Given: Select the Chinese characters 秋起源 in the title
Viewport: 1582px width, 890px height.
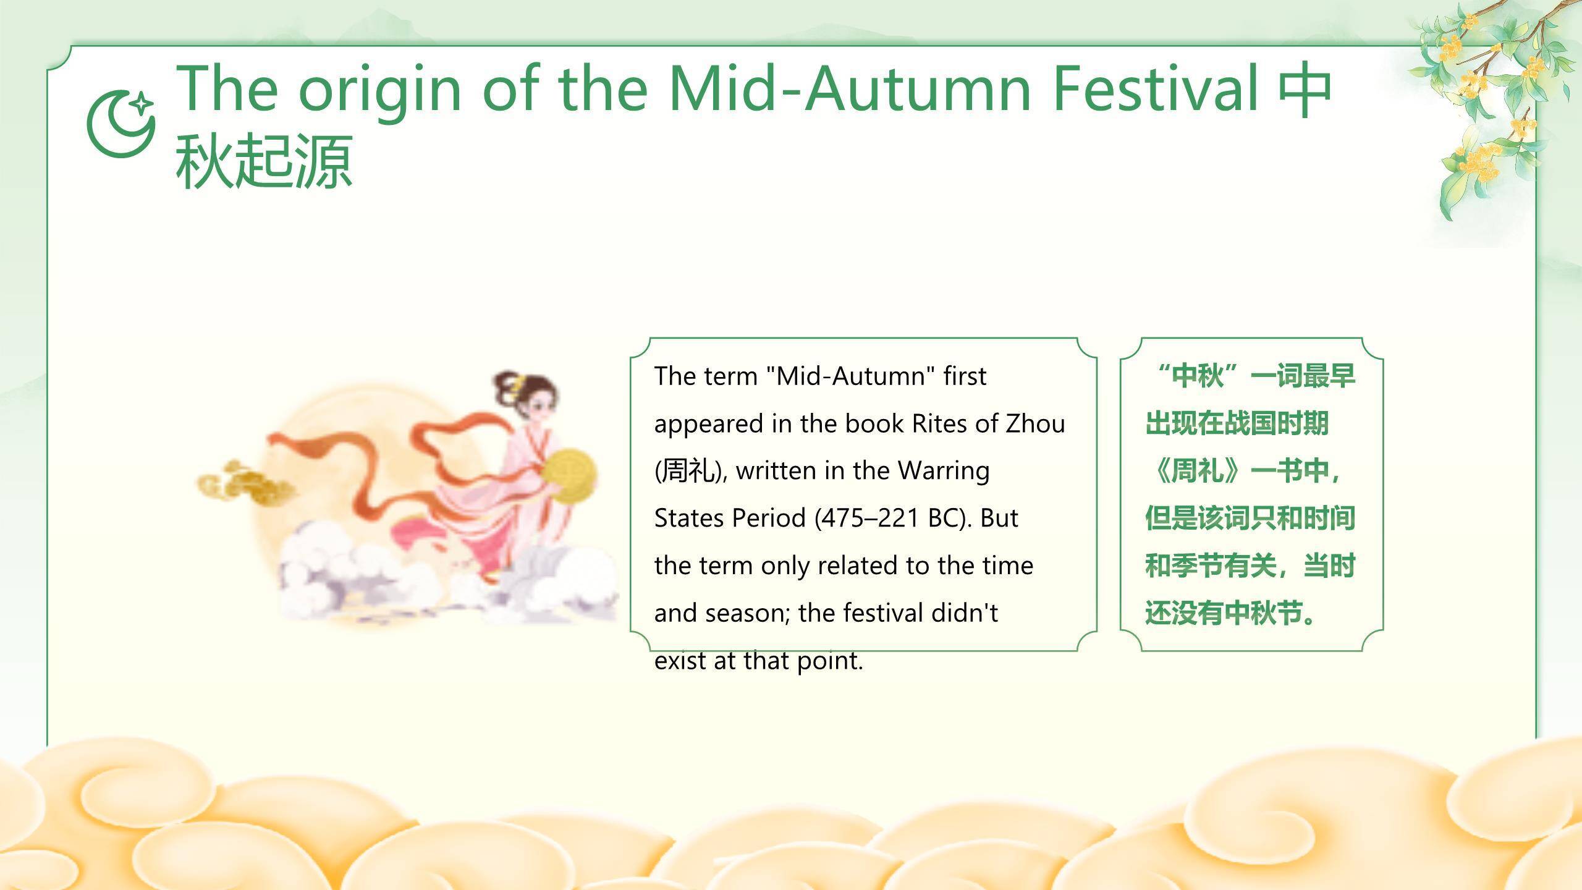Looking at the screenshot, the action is (x=264, y=162).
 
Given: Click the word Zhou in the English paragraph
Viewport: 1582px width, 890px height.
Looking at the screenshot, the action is (x=1036, y=424).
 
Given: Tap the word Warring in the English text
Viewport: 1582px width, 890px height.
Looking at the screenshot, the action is (x=944, y=472).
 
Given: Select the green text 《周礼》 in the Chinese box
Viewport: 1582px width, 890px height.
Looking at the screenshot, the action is (x=1196, y=471).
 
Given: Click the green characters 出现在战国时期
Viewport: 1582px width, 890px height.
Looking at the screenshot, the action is (x=1237, y=424).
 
